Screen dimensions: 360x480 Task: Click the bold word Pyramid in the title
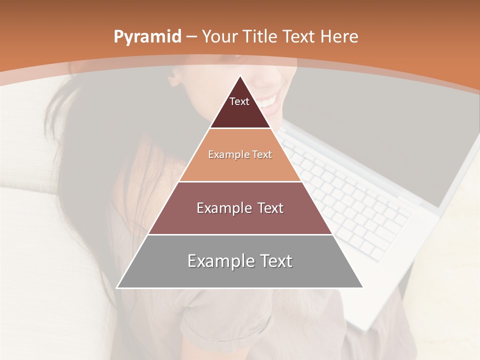[x=147, y=36]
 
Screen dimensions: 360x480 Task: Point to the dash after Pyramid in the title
[x=191, y=37]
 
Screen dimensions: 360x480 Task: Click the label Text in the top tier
[x=239, y=101]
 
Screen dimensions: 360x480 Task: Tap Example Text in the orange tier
[x=240, y=154]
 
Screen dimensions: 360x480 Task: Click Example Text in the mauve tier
[x=240, y=208]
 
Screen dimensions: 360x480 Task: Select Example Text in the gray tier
[x=240, y=261]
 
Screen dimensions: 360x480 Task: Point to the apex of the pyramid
[x=240, y=76]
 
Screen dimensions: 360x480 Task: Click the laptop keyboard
[x=350, y=200]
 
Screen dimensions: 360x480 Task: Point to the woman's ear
[x=176, y=77]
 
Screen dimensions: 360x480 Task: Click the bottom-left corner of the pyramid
[x=117, y=287]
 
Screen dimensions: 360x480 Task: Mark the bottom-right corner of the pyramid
[x=363, y=287]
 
